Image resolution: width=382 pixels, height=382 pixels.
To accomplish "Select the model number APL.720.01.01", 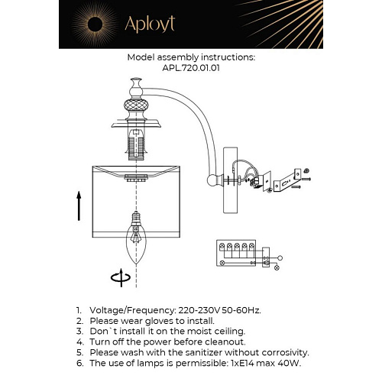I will [x=190, y=67].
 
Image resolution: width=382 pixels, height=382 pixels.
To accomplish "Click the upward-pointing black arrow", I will [x=78, y=206].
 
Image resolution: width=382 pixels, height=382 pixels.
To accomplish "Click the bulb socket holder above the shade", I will [x=135, y=145].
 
